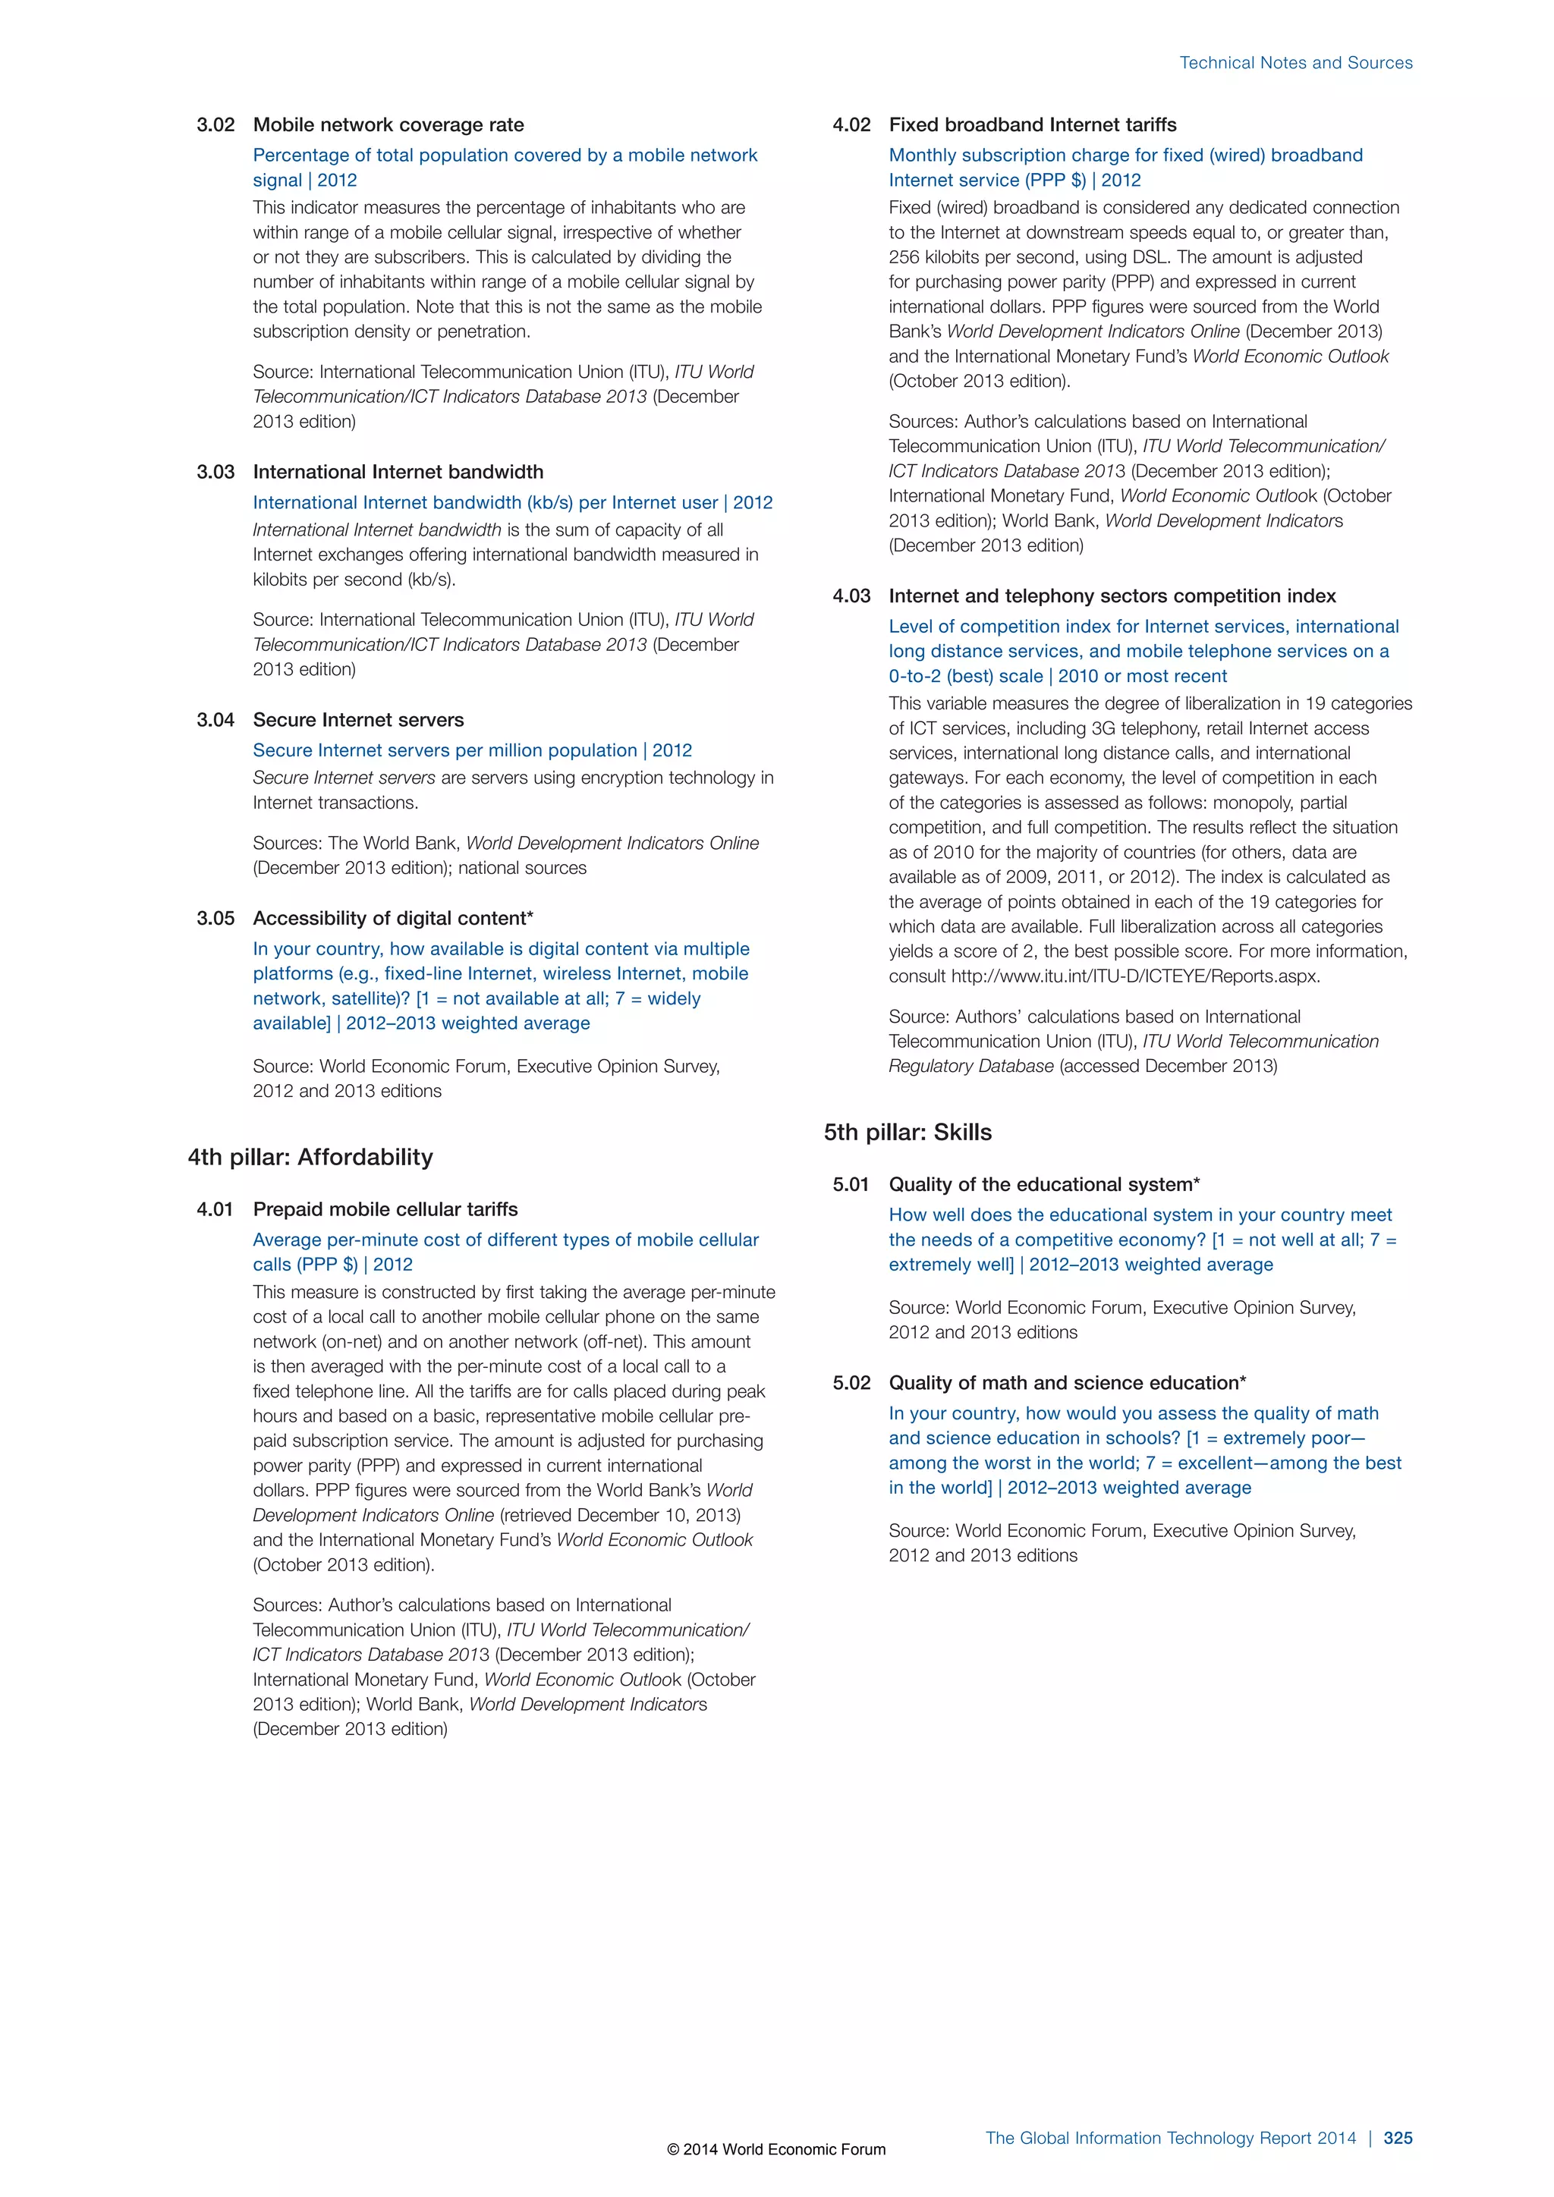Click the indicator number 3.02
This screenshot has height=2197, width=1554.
pos(215,125)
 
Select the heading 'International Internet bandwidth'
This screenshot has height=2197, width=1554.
pos(398,472)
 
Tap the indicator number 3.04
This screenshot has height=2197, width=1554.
pos(215,720)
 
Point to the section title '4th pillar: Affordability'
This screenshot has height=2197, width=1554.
pos(310,1157)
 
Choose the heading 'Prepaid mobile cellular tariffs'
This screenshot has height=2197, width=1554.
pos(385,1209)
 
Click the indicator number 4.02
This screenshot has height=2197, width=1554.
pos(851,125)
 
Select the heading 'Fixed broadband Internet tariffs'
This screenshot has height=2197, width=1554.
pos(1033,125)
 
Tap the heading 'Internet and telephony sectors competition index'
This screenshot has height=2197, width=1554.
pos(1112,596)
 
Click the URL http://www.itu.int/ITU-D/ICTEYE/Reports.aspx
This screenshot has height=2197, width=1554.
pos(1135,976)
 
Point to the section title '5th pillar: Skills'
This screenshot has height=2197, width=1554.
pos(908,1132)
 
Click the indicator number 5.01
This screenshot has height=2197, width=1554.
pos(851,1185)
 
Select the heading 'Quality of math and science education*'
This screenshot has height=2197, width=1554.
pos(1067,1383)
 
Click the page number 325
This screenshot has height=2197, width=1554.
pos(1397,2138)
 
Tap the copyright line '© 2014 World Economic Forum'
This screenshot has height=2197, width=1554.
pos(776,2149)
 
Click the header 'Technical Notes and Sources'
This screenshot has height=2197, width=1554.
pos(1296,63)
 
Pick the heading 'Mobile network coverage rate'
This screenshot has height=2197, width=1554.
pos(388,125)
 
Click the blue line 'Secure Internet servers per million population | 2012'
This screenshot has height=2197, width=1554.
pos(472,750)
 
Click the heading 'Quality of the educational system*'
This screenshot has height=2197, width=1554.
pos(1044,1185)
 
